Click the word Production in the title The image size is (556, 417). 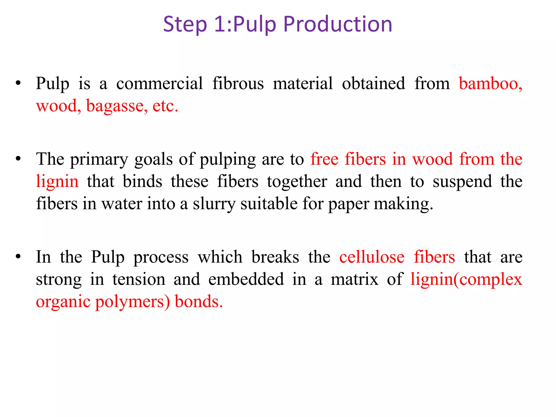(x=338, y=24)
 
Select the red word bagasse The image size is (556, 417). (x=117, y=106)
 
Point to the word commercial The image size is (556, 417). (x=159, y=83)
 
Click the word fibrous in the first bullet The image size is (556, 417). (x=238, y=83)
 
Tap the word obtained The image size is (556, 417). (x=373, y=83)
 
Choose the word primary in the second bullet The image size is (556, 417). (x=99, y=160)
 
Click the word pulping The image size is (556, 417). (x=228, y=160)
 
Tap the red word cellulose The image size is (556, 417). (x=372, y=257)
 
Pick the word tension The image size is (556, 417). (x=139, y=279)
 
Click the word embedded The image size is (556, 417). (x=246, y=279)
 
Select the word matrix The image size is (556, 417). (x=355, y=279)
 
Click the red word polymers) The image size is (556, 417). (x=132, y=302)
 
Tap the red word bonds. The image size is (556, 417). (x=198, y=302)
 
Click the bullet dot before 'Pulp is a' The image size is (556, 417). (x=18, y=83)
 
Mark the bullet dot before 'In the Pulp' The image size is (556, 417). (x=18, y=257)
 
